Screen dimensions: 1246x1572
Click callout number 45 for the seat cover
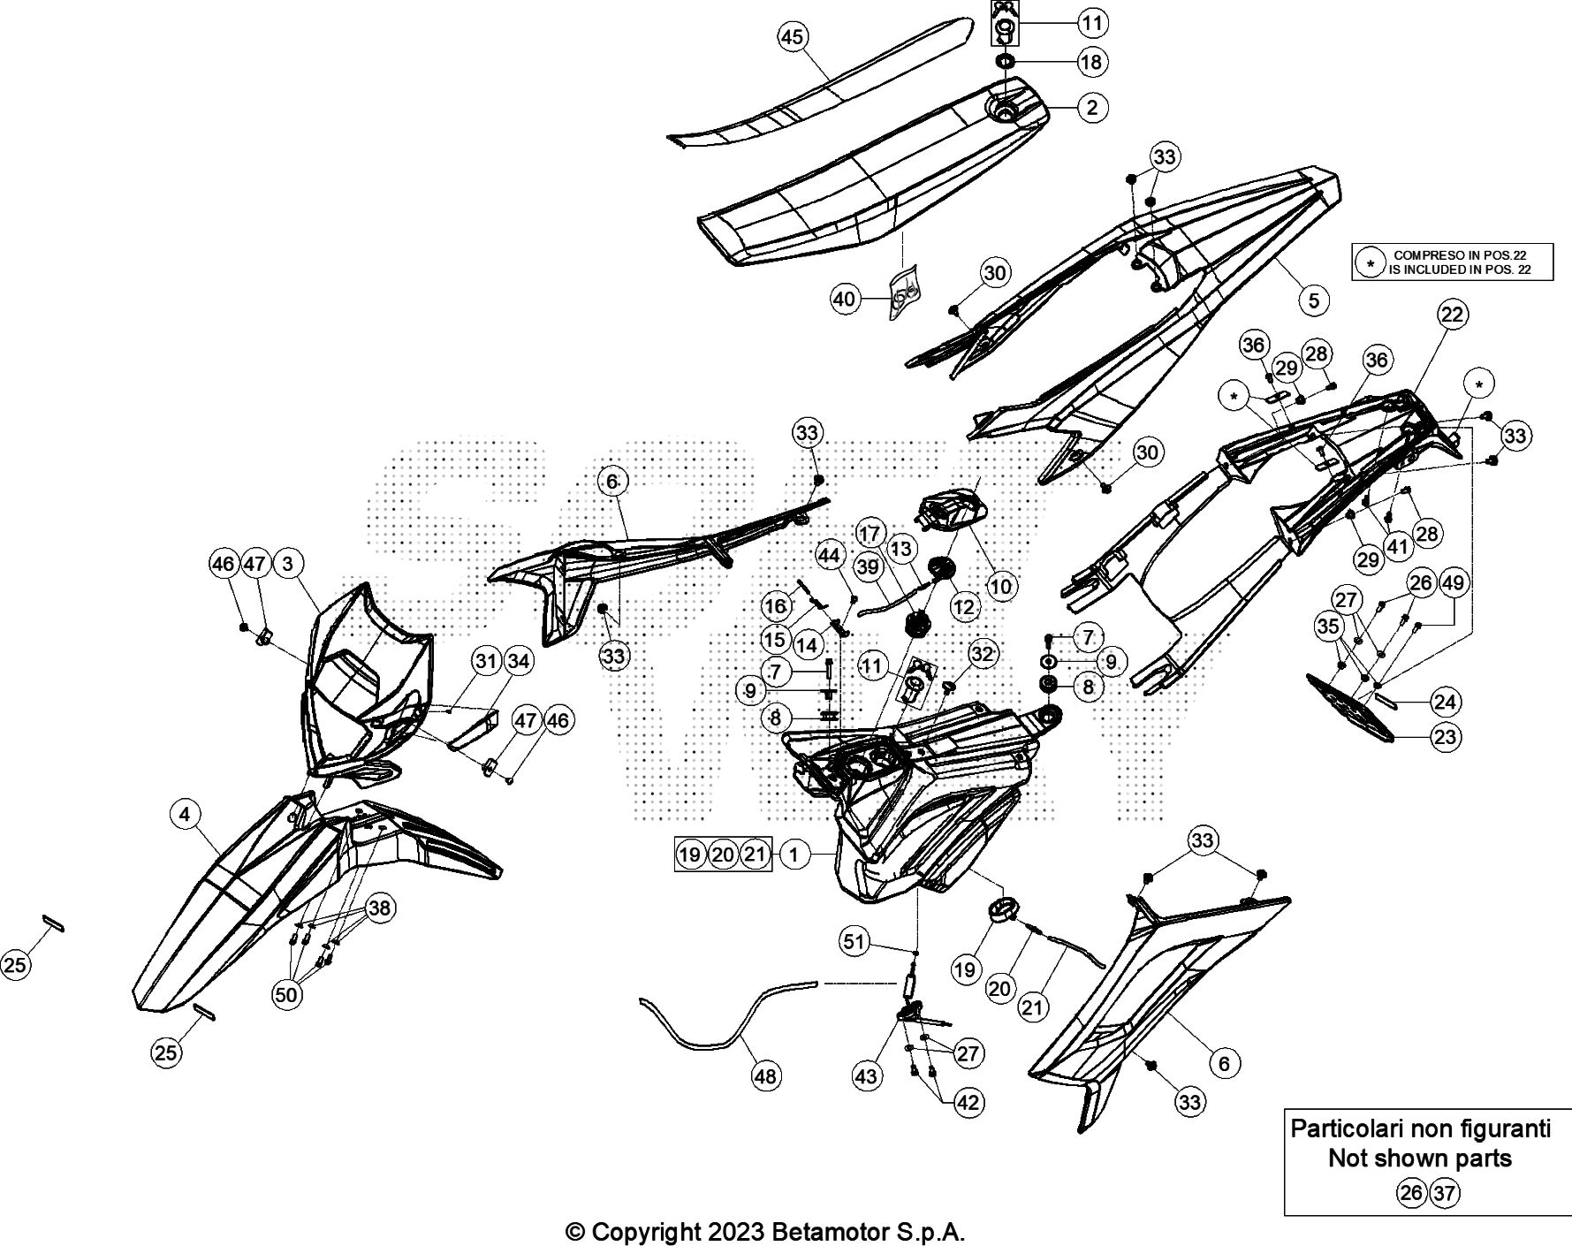793,37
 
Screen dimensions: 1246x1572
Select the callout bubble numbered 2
1092,108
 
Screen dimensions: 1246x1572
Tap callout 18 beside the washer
1092,62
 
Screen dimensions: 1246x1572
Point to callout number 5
1314,300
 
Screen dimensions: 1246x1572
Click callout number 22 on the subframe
1452,314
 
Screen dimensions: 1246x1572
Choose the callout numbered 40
845,300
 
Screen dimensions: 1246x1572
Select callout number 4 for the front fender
185,814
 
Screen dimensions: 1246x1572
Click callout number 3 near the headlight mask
288,563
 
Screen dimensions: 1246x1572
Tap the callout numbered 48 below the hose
765,1075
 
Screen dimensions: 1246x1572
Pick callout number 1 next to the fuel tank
794,855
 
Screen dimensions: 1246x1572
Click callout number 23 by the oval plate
1446,737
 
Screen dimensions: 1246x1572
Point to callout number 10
1002,585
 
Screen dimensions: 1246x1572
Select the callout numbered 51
854,942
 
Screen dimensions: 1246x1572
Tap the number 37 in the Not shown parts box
1444,1194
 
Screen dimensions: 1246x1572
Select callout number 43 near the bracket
866,1075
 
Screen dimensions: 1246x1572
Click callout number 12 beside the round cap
964,607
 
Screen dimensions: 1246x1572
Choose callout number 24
1445,703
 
